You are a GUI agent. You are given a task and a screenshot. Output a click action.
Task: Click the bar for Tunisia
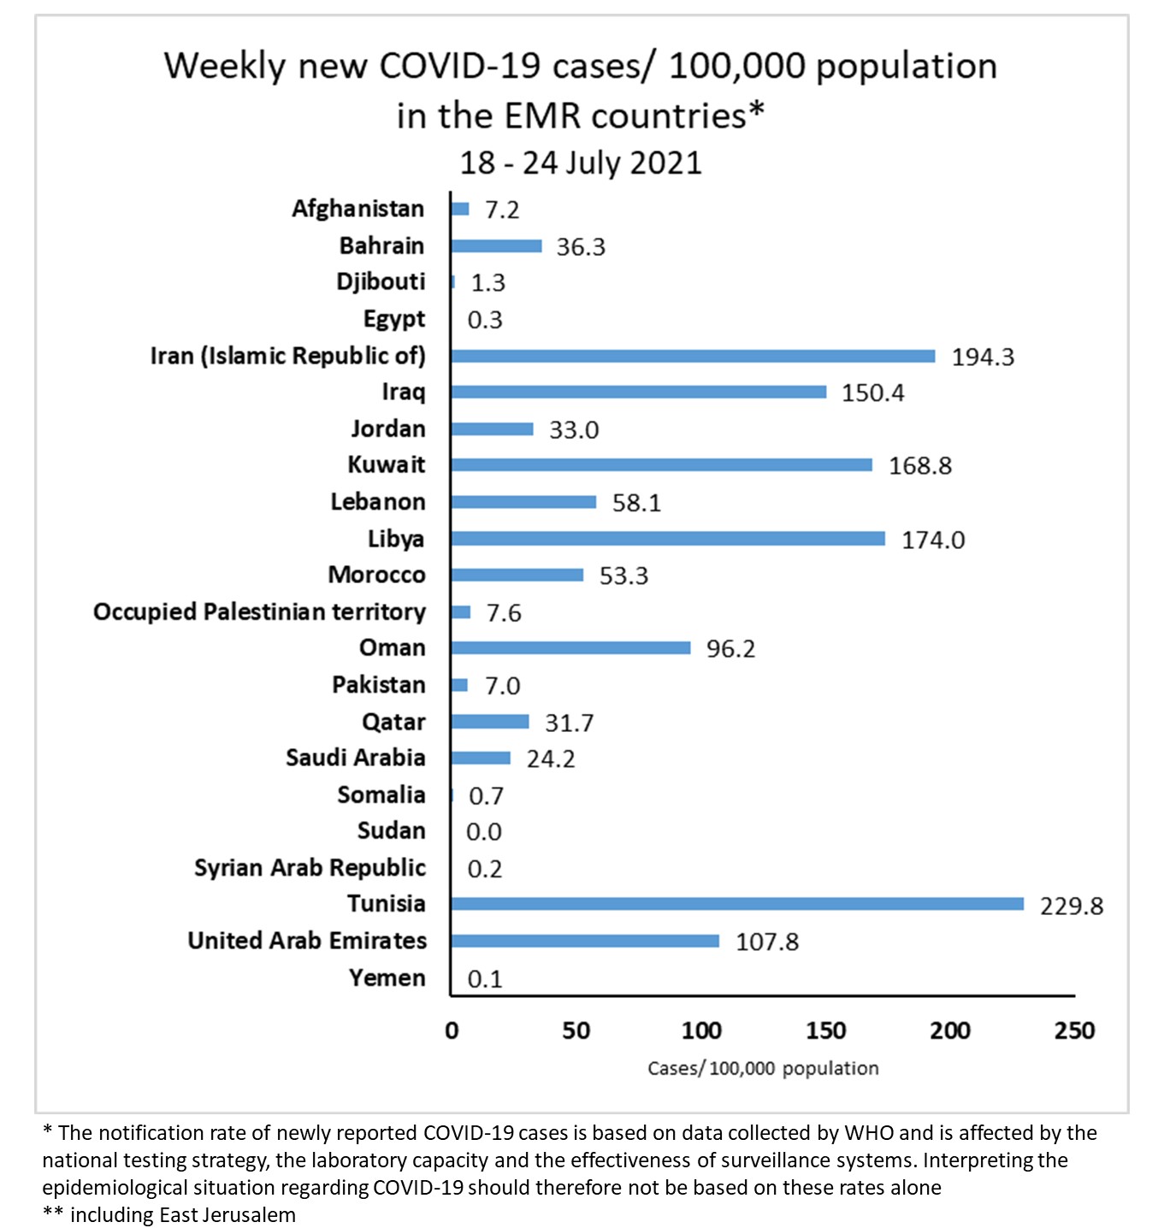(737, 904)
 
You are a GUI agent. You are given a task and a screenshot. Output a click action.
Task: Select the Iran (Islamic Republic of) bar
(693, 356)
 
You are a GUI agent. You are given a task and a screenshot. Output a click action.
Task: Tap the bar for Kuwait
(661, 465)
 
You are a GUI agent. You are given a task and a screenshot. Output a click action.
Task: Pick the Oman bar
(570, 648)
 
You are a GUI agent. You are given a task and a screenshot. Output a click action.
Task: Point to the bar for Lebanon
(523, 502)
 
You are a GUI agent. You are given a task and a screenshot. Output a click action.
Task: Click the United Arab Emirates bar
(585, 941)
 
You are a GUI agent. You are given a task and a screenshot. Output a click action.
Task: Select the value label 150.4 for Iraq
(872, 393)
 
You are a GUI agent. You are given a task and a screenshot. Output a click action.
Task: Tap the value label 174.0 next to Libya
(933, 540)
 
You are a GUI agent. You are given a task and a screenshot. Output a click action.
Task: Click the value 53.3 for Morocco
(623, 576)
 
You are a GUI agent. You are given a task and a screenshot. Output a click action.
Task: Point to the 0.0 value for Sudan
(484, 832)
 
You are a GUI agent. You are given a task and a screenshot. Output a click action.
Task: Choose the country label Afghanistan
(357, 209)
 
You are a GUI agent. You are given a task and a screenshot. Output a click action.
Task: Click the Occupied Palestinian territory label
(259, 612)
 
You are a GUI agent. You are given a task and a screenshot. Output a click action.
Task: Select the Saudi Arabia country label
(355, 758)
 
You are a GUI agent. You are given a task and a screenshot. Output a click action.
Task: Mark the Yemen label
(387, 977)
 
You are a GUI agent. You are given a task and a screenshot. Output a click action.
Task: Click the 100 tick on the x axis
(700, 1030)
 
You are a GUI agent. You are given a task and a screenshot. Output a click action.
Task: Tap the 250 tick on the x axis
(1074, 1030)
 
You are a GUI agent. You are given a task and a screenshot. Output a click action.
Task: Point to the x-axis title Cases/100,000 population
(763, 1069)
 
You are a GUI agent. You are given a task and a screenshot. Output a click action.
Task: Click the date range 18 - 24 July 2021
(581, 162)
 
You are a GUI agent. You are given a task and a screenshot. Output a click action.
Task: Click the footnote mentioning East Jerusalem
(169, 1215)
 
